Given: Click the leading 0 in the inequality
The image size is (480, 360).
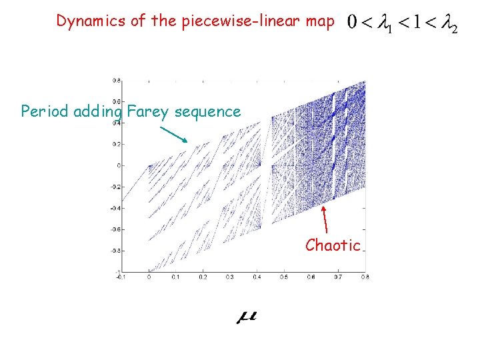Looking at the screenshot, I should click(351, 25).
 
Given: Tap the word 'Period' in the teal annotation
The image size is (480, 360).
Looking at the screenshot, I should click(45, 111).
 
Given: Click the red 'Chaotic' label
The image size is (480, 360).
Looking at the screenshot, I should click(333, 245).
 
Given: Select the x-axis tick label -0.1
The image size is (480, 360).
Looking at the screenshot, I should click(120, 276).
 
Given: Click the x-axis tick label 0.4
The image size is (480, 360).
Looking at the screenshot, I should click(256, 276).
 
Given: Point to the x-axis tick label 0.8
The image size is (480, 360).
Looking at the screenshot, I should click(364, 276).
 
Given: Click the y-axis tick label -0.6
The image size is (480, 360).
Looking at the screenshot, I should click(114, 229).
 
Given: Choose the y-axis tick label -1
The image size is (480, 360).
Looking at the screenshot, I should click(117, 271).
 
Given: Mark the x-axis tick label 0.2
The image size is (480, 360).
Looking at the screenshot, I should click(202, 276).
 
